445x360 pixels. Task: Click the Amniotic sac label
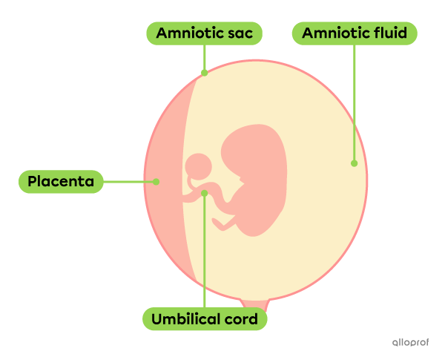(x=204, y=33)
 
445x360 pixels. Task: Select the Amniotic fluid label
(x=354, y=33)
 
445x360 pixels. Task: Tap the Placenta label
(x=60, y=181)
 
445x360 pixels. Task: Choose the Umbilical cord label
(x=204, y=320)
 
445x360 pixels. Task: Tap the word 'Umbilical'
(x=186, y=320)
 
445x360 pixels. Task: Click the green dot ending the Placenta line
(x=156, y=181)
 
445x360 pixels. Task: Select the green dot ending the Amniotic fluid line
(x=354, y=163)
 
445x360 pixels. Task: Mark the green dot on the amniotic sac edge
(x=204, y=73)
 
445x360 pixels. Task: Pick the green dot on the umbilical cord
(x=204, y=193)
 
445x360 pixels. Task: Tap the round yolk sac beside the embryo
(x=199, y=166)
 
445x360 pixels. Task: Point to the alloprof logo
(x=410, y=342)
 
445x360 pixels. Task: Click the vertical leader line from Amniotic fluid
(x=354, y=104)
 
